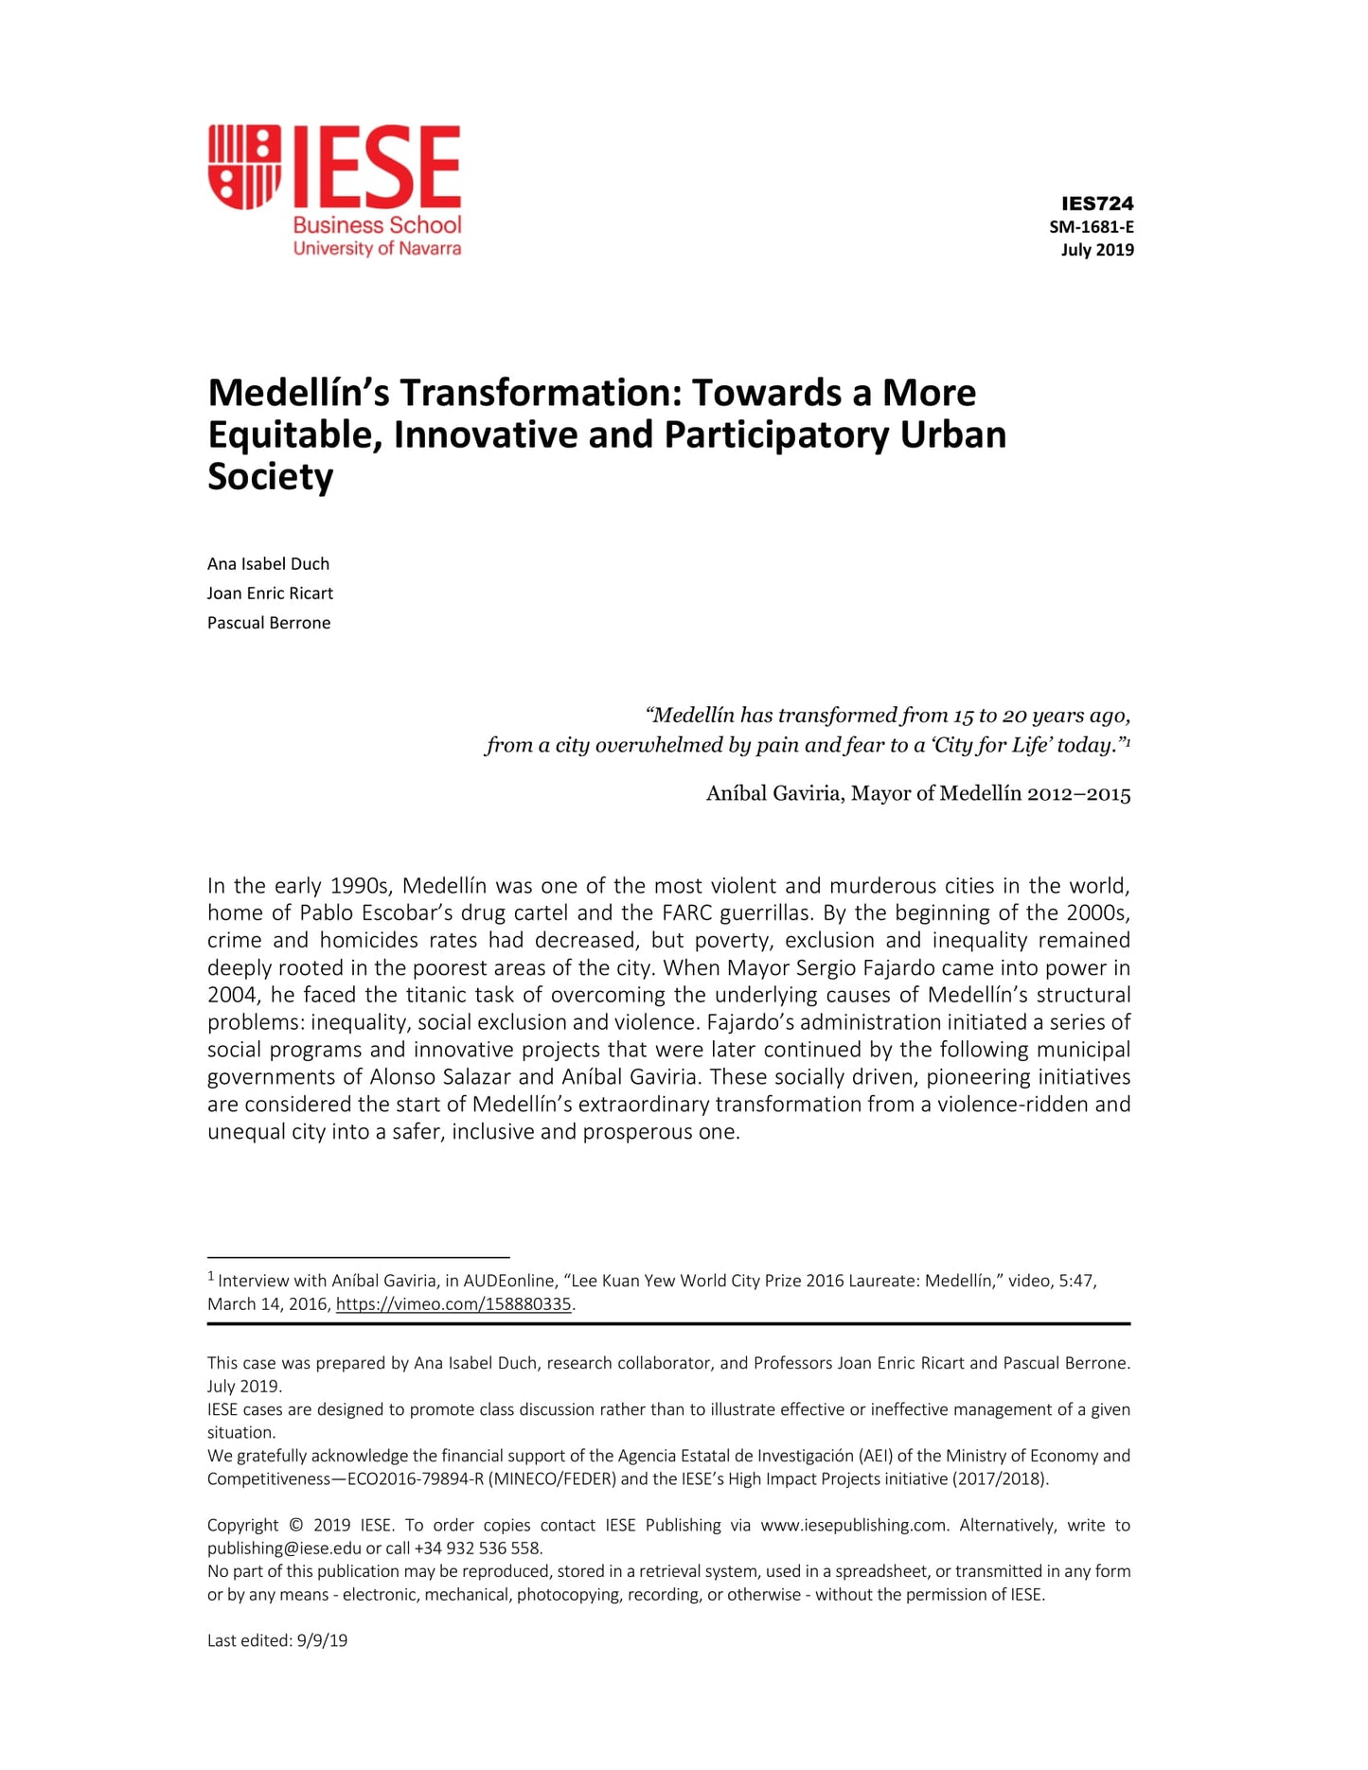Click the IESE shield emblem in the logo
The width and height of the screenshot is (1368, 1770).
click(244, 166)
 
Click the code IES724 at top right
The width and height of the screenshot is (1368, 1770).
click(1096, 204)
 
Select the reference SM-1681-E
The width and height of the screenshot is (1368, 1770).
click(1091, 227)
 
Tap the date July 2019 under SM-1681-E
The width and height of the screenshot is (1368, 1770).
click(1096, 250)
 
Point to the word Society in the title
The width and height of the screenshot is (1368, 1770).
click(270, 476)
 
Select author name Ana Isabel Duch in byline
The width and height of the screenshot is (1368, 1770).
click(268, 564)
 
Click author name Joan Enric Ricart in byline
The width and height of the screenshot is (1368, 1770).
click(270, 593)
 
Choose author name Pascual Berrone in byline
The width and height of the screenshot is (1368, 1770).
click(269, 623)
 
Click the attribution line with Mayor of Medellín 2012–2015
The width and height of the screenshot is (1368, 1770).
click(917, 793)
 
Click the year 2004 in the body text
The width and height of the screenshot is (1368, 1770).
click(233, 995)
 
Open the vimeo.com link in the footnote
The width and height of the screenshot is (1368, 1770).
click(453, 1304)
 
